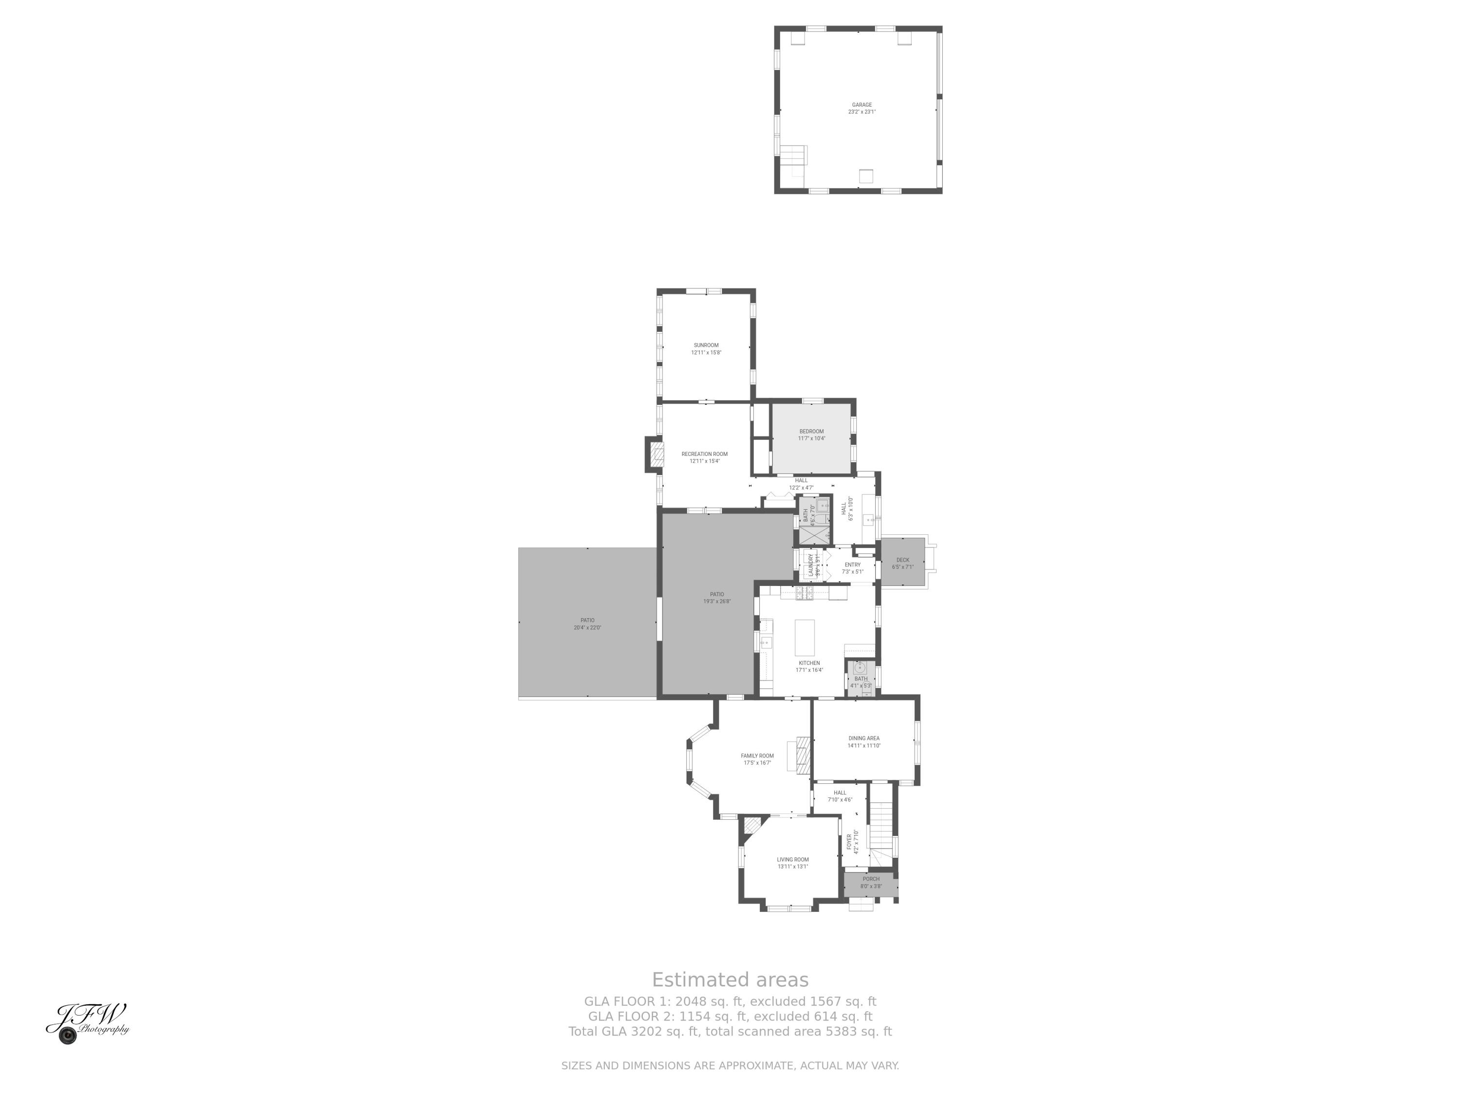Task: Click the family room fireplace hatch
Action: pyautogui.click(x=803, y=755)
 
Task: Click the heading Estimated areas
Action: pyautogui.click(x=730, y=980)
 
